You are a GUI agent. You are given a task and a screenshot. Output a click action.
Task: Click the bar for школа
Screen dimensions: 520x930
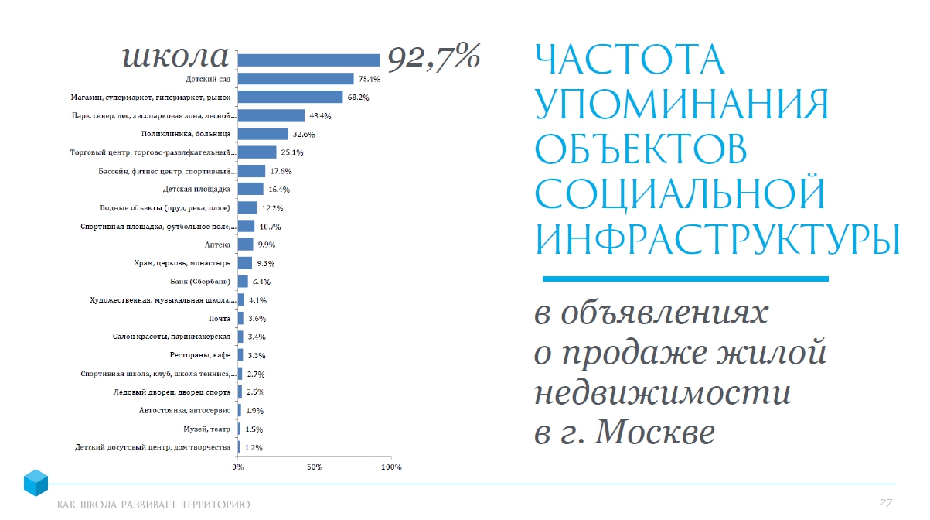[308, 60]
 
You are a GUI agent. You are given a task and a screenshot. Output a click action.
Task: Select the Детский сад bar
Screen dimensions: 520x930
[295, 79]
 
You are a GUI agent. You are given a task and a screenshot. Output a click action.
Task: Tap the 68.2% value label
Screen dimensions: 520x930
[359, 97]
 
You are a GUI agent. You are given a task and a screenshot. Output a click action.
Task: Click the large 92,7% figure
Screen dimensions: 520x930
[434, 56]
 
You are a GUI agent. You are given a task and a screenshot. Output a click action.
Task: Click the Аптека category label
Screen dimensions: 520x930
[217, 245]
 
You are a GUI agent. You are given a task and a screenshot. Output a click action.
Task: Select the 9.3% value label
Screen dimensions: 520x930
[266, 263]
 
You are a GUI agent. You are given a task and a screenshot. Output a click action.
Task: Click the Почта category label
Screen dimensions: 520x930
[220, 318]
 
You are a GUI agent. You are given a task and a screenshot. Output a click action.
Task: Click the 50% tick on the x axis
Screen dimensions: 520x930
[314, 468]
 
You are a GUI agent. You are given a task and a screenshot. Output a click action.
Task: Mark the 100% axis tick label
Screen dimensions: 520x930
[391, 468]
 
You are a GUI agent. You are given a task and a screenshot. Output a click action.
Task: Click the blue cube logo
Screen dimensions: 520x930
[36, 483]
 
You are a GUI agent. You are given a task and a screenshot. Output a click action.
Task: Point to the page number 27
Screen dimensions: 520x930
[885, 503]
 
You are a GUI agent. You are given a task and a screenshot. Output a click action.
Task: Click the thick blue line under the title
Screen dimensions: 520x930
[685, 279]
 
